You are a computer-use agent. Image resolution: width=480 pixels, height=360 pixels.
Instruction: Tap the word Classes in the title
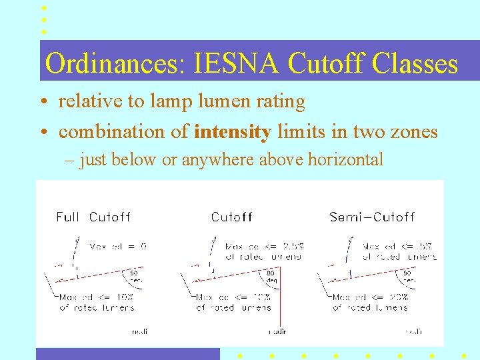pos(415,64)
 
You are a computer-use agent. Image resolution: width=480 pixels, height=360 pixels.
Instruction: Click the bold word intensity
pos(232,132)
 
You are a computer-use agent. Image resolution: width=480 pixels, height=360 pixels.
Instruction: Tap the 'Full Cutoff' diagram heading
pos(93,217)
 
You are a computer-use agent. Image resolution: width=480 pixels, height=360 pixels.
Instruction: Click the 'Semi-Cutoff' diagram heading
pos(372,217)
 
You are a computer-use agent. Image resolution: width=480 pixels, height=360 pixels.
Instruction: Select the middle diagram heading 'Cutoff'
pos(231,217)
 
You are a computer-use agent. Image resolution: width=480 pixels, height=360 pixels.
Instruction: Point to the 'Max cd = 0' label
pos(118,246)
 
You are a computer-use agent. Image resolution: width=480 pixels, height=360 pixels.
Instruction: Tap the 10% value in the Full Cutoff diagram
pos(124,297)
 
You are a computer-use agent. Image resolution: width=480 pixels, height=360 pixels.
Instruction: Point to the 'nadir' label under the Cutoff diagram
pos(277,331)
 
